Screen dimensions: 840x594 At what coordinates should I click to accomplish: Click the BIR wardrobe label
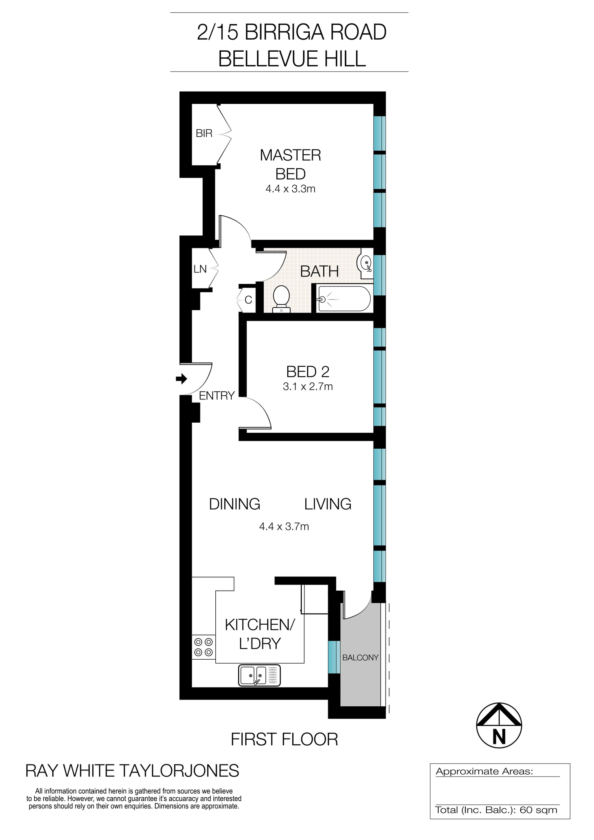click(x=204, y=133)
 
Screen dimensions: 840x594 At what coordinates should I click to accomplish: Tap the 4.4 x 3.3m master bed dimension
click(x=290, y=189)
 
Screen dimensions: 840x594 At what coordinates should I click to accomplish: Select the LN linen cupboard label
click(x=200, y=269)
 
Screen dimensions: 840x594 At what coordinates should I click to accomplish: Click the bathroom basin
click(x=366, y=263)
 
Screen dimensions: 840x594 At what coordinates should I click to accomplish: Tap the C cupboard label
click(x=248, y=300)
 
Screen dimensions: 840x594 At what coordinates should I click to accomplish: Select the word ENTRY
click(x=217, y=395)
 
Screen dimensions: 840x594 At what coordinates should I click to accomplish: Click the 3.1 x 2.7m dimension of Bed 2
click(x=308, y=386)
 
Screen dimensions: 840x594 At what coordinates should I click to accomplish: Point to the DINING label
click(x=235, y=504)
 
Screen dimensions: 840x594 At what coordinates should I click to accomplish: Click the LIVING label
click(x=328, y=504)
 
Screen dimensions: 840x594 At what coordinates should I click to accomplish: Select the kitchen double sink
click(x=259, y=675)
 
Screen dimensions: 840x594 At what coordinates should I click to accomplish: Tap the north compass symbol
click(x=499, y=725)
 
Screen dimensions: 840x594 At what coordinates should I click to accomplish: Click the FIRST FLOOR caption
click(x=284, y=739)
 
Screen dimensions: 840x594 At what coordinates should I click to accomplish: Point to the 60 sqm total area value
click(x=538, y=810)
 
